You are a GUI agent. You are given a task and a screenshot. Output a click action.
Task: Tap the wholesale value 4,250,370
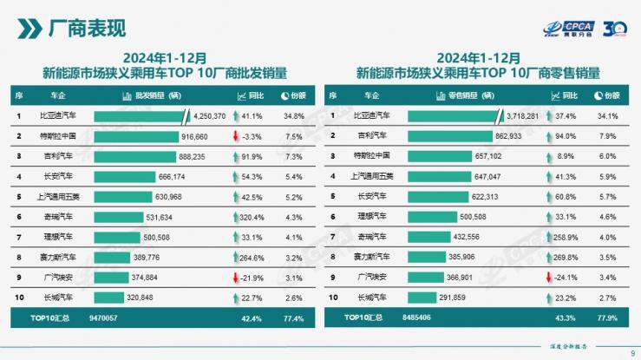208,115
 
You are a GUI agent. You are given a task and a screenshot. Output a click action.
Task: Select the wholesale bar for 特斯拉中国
135,136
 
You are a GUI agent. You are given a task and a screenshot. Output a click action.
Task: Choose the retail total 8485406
417,318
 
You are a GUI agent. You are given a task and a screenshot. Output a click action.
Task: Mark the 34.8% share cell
293,115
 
